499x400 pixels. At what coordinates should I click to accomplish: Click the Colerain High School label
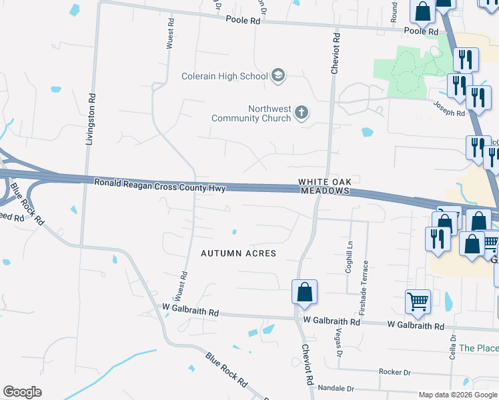pyautogui.click(x=224, y=76)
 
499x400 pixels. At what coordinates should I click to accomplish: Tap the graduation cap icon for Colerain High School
pyautogui.click(x=278, y=76)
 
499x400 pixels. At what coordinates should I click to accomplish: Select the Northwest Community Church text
pyautogui.click(x=252, y=113)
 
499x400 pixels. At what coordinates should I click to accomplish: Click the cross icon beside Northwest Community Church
pyautogui.click(x=302, y=112)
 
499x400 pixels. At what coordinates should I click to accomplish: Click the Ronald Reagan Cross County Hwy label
pyautogui.click(x=159, y=183)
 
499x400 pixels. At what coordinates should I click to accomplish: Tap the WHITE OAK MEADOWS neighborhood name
pyautogui.click(x=324, y=186)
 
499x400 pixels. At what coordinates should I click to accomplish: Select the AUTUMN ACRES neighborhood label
pyautogui.click(x=238, y=254)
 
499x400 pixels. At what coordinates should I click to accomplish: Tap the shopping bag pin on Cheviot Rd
pyautogui.click(x=304, y=292)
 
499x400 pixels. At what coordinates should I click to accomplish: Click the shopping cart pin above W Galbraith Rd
pyautogui.click(x=418, y=301)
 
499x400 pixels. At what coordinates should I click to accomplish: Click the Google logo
pyautogui.click(x=22, y=392)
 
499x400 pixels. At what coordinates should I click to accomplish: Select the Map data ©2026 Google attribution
pyautogui.click(x=458, y=395)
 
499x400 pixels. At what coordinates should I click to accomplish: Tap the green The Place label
pyautogui.click(x=478, y=348)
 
